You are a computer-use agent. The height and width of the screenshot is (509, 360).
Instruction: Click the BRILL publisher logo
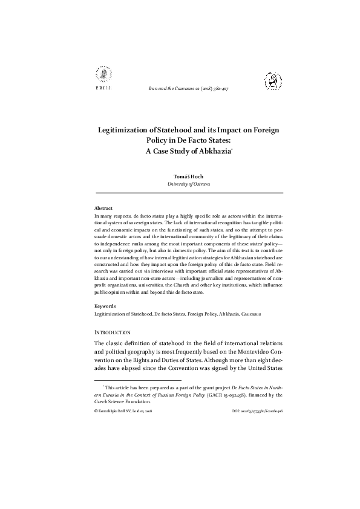pyautogui.click(x=101, y=79)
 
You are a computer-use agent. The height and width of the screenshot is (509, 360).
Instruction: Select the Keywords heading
pyautogui.click(x=106, y=306)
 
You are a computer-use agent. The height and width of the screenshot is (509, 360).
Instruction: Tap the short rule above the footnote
pyautogui.click(x=123, y=381)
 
